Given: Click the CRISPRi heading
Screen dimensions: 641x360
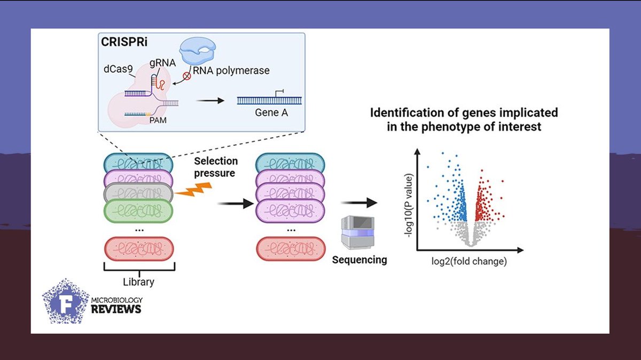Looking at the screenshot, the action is [124, 42].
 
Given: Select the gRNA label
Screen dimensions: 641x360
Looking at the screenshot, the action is [162, 62].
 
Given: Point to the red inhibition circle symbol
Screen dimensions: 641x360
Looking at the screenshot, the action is [187, 76].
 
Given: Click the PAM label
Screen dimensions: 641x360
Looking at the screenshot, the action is [158, 120].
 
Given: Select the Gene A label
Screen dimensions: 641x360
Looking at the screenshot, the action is [271, 113].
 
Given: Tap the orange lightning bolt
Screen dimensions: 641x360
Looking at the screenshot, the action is [193, 190].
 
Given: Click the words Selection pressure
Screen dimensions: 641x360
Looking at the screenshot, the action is [216, 167].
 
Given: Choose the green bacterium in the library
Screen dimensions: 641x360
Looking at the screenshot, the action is [138, 211].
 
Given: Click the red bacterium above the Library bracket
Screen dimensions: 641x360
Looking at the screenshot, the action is [139, 249].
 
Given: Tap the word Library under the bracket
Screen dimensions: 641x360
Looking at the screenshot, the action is [138, 282].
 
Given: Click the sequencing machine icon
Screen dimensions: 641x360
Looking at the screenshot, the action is [358, 233].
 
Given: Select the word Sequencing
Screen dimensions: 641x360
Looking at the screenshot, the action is [359, 260].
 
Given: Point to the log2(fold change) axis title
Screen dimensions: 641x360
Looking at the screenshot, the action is [469, 261].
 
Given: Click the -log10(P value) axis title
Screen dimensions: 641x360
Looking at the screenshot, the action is [409, 206].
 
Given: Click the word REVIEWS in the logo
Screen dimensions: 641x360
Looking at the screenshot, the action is [116, 309].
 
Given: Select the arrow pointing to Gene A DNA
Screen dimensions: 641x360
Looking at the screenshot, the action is [210, 101].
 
